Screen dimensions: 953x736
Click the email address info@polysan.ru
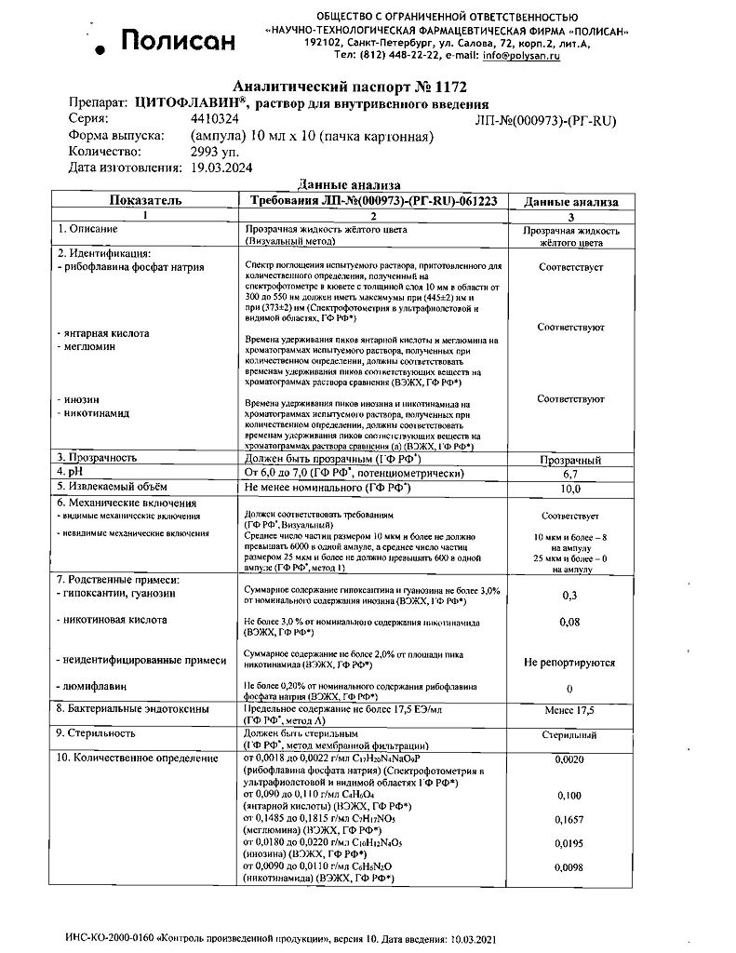pyautogui.click(x=516, y=56)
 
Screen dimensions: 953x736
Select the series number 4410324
pyautogui.click(x=215, y=120)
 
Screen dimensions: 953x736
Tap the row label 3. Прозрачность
pyautogui.click(x=98, y=458)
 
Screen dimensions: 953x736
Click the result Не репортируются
pyautogui.click(x=570, y=663)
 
